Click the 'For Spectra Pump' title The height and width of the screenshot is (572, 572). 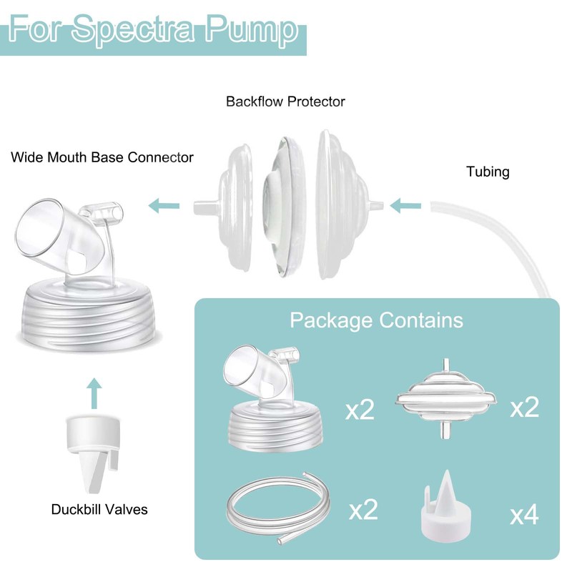(154, 30)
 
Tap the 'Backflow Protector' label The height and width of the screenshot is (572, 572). (285, 102)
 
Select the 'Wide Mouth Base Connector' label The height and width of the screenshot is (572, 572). (102, 157)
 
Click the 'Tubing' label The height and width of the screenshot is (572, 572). (488, 172)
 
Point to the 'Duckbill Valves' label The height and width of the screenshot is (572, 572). (99, 510)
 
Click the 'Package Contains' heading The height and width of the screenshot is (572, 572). (376, 319)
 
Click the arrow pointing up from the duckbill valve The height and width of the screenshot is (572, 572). (93, 390)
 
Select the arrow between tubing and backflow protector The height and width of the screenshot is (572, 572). (407, 207)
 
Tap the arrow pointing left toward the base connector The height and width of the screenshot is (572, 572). (164, 207)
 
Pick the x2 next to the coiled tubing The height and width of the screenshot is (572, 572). (363, 510)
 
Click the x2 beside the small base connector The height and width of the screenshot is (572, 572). (360, 411)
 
